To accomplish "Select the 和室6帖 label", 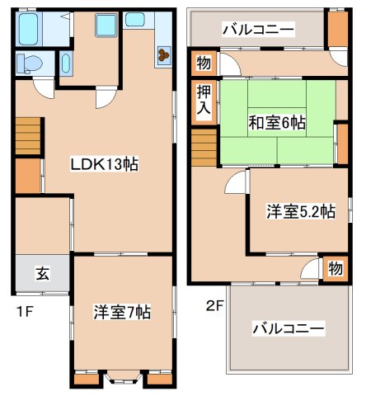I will click(x=277, y=123).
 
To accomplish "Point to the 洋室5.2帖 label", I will click(x=300, y=211).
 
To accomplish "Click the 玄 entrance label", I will click(x=41, y=274).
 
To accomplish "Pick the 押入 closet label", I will click(x=203, y=100).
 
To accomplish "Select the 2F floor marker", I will click(x=215, y=306).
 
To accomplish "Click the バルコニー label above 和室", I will click(x=257, y=31).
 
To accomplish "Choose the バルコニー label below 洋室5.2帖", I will click(x=287, y=328).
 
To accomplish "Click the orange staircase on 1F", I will click(x=27, y=134).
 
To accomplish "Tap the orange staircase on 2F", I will click(x=204, y=151).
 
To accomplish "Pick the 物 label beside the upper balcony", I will click(x=203, y=62).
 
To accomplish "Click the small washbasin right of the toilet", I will click(x=65, y=64).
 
